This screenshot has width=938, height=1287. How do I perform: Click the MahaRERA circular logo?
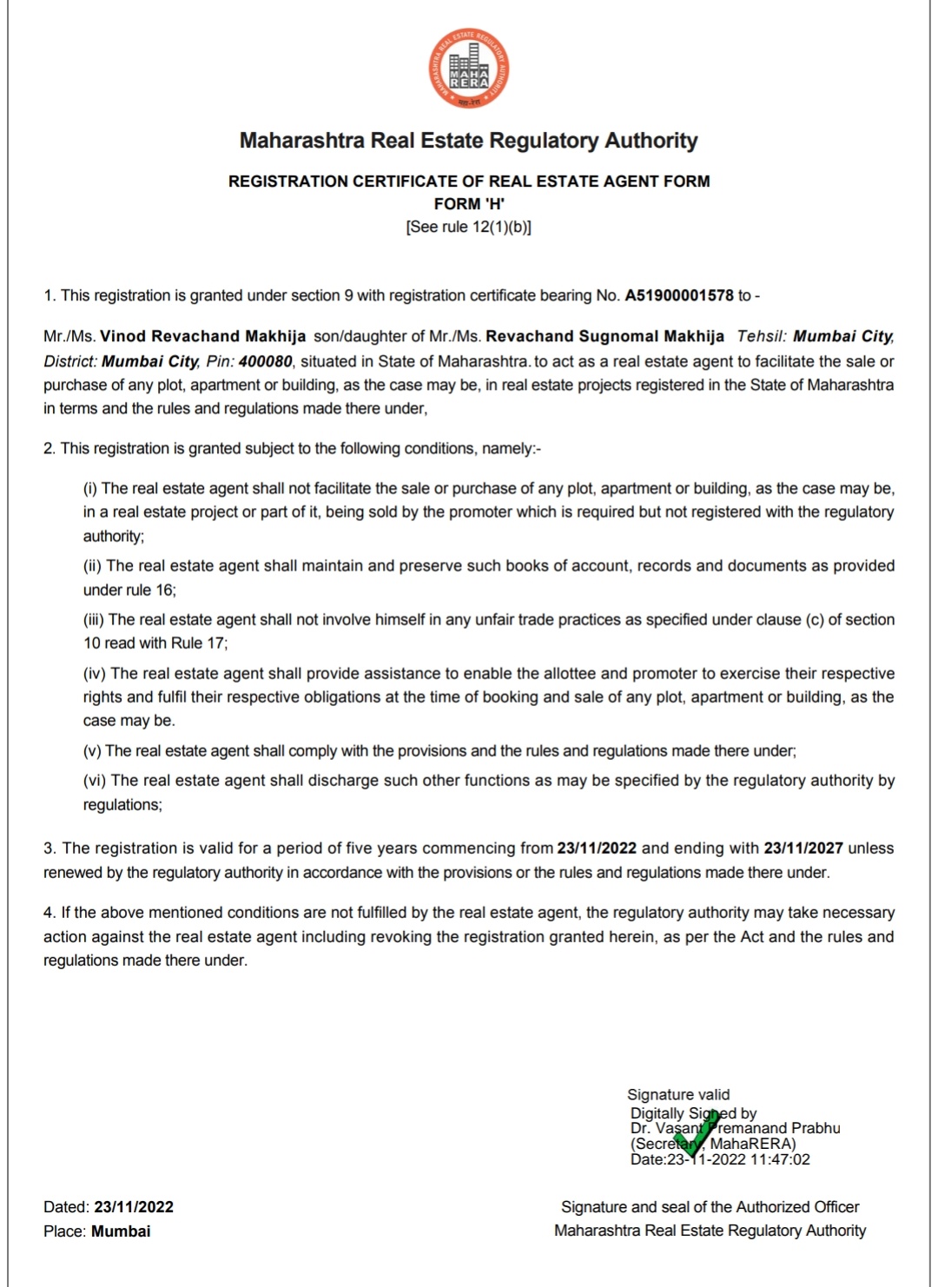469,69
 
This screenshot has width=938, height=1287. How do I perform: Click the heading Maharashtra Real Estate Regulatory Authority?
469,141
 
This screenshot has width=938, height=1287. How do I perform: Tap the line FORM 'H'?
469,204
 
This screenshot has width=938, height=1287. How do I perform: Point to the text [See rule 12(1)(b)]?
469,227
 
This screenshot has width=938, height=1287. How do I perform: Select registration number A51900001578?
679,295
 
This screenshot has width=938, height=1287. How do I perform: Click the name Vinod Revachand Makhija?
202,336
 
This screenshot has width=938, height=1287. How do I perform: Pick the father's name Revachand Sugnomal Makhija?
604,336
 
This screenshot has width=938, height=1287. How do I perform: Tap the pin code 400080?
265,361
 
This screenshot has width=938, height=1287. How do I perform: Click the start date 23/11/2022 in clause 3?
597,848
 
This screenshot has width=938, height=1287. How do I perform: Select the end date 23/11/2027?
803,848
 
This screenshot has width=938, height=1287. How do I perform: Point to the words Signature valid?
678,1094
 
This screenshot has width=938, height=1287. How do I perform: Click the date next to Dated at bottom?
134,1207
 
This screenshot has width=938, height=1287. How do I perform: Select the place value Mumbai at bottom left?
121,1231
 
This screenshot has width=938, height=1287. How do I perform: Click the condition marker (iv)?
95,673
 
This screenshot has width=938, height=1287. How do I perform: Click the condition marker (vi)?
95,781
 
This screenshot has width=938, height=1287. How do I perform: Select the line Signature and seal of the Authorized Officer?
710,1207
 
